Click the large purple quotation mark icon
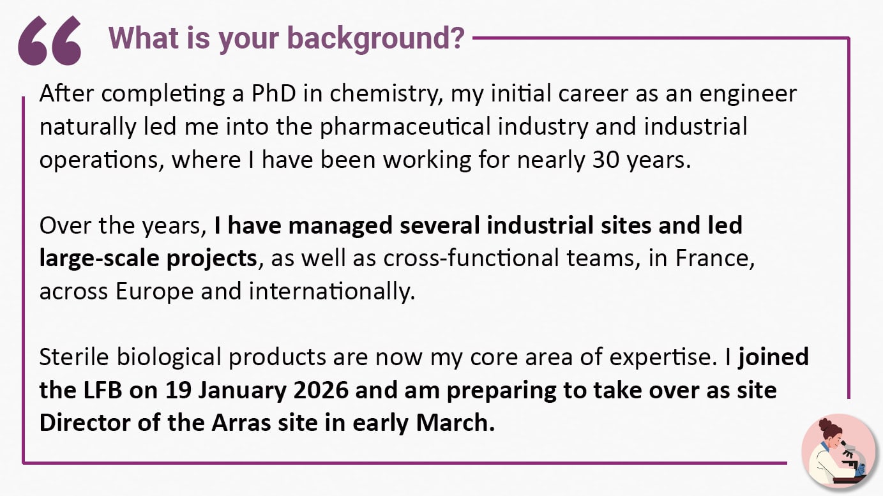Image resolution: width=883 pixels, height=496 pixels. tap(50, 41)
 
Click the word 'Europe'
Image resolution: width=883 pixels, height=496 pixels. tap(155, 290)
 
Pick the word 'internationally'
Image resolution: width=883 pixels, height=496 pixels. tap(331, 290)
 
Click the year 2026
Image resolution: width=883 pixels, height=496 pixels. tap(314, 389)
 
